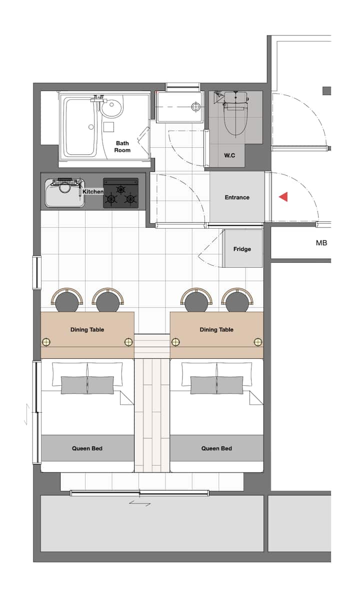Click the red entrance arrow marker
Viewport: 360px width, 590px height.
[283, 196]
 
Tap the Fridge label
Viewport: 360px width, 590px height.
[242, 249]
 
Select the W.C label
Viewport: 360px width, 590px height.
[229, 155]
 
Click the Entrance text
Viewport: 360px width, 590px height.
[237, 197]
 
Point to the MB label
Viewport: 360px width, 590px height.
[321, 243]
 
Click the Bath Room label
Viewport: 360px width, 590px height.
[122, 147]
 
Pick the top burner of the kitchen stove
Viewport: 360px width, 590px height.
[120, 189]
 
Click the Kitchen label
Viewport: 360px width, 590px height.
[93, 191]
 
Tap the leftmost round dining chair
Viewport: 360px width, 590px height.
[67, 300]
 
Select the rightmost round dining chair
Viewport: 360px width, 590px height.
[236, 300]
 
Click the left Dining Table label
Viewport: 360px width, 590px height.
[87, 330]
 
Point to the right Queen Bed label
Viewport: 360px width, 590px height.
[216, 449]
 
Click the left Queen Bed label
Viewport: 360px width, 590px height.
[87, 449]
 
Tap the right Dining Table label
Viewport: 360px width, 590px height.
[216, 330]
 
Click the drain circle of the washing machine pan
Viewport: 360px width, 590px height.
[195, 107]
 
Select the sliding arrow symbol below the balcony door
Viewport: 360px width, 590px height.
[139, 503]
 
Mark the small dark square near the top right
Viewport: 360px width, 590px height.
[327, 91]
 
